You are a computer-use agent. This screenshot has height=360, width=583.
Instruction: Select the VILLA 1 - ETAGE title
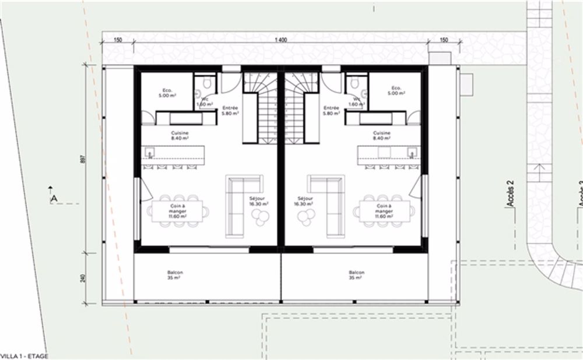click(x=24, y=355)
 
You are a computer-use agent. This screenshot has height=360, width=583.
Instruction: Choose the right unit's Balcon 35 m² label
click(x=357, y=276)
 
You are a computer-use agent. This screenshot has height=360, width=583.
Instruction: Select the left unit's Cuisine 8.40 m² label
click(x=179, y=136)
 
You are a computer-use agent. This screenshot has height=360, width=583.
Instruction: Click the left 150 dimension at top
click(x=117, y=40)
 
